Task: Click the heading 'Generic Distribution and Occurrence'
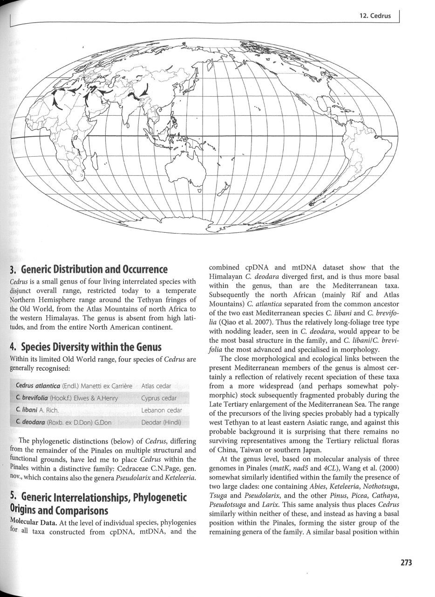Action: (88, 269)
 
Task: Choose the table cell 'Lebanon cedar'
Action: (161, 410)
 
